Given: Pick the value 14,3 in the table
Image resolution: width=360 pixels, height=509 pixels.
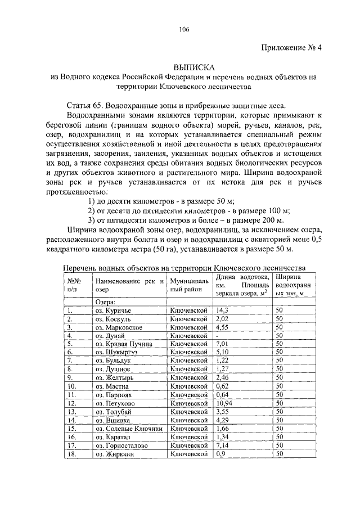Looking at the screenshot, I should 222,310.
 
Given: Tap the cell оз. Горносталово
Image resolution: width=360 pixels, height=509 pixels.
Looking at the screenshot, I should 121,445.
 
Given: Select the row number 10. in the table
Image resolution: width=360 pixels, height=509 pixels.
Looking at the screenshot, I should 71,386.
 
